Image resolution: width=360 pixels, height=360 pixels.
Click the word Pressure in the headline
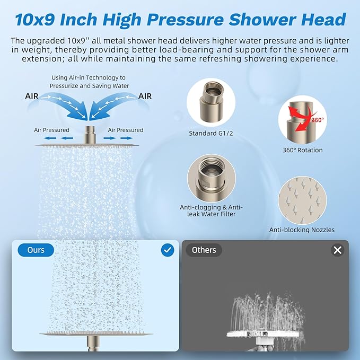coord(186,20)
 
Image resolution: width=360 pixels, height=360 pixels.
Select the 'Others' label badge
coord(204,250)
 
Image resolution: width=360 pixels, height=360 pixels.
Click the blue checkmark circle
coord(168,250)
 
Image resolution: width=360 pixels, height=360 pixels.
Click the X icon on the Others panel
coord(337,250)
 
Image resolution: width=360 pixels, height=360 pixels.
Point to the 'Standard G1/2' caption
coord(210,133)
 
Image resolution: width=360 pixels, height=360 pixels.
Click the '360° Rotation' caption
coord(302,150)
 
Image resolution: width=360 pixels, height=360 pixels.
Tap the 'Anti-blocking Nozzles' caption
coord(302,230)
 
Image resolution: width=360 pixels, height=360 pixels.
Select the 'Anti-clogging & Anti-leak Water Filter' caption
coord(212,210)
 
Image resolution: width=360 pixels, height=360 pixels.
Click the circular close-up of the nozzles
coord(302,200)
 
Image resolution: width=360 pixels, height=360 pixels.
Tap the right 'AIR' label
coord(145,97)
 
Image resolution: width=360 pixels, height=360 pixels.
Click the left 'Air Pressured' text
coord(52,130)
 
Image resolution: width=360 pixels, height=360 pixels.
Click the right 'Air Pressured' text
coord(125,130)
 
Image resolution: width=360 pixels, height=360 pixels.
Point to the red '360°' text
coord(317,120)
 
